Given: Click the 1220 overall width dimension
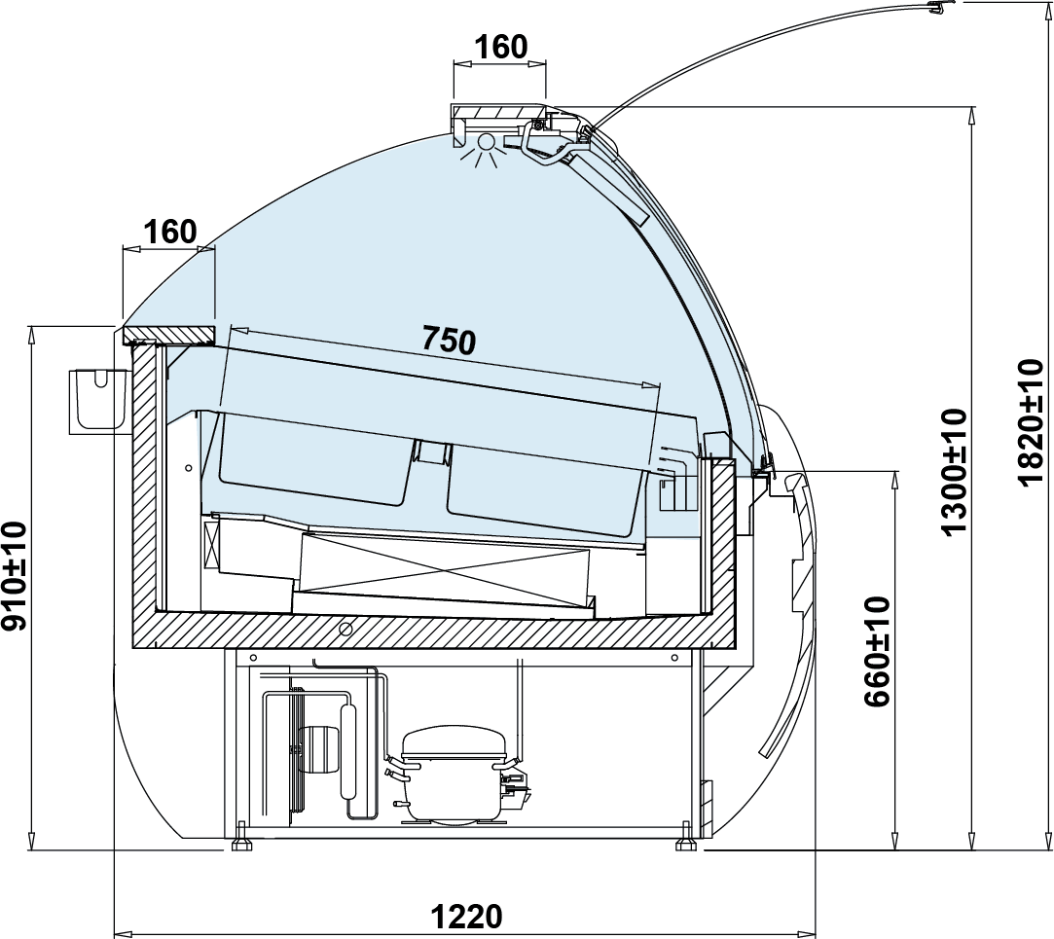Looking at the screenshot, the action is pyautogui.click(x=466, y=916).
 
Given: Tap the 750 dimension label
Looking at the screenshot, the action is pyautogui.click(x=449, y=340).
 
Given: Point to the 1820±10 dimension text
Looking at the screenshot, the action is pyautogui.click(x=1031, y=422).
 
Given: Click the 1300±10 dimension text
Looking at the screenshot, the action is pyautogui.click(x=954, y=472).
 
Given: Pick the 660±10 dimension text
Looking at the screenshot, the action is pyautogui.click(x=877, y=651).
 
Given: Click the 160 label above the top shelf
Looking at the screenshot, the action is pyautogui.click(x=501, y=47).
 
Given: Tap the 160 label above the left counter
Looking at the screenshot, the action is pyautogui.click(x=170, y=232).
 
